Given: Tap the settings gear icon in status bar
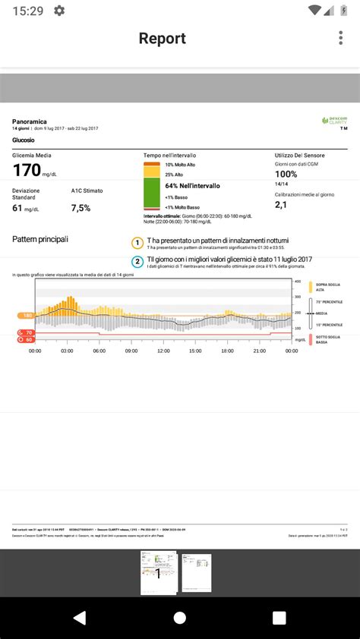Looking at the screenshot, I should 59,11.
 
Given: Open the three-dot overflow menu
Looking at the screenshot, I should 339,39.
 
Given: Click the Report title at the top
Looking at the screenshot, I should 162,39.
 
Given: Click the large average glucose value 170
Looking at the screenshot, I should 27,170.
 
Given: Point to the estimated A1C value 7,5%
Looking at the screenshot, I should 81,208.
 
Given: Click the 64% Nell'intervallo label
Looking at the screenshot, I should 192,185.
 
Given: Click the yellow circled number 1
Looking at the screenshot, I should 137,243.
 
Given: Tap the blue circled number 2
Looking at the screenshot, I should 137,262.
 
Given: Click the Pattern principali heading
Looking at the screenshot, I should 40,240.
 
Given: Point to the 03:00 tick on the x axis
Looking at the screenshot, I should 67,351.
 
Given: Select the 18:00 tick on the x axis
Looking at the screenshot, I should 228,351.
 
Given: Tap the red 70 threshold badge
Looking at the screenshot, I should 26,332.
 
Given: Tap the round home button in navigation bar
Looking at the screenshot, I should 180,617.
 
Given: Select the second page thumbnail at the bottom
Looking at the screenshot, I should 197,573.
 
